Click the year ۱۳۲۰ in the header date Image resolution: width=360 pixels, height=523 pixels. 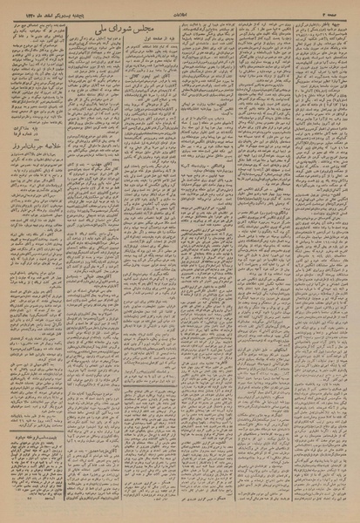click(x=18, y=5)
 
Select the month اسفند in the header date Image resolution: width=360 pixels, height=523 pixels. click(x=44, y=5)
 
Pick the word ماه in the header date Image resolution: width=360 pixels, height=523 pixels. click(x=31, y=5)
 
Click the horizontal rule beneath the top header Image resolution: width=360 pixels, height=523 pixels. click(x=180, y=11)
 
